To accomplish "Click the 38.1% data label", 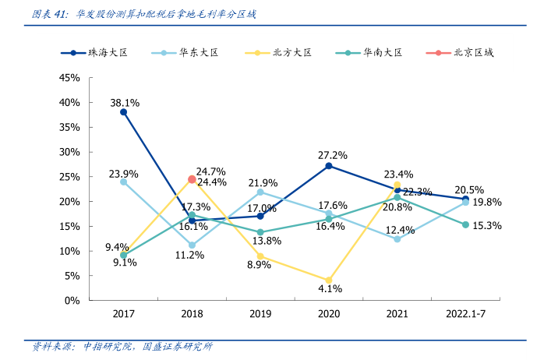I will click(125, 103).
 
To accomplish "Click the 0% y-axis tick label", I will click(72, 300).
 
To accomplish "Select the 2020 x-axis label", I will click(329, 315).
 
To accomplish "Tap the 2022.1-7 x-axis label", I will click(465, 315).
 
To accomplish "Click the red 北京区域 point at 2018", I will click(192, 179).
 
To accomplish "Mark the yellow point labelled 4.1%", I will click(329, 280).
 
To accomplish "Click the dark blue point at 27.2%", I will click(329, 166).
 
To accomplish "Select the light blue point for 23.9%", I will click(123, 182).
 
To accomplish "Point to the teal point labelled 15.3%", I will click(465, 224).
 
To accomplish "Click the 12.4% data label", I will click(399, 230).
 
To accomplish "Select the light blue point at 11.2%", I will click(192, 245).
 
